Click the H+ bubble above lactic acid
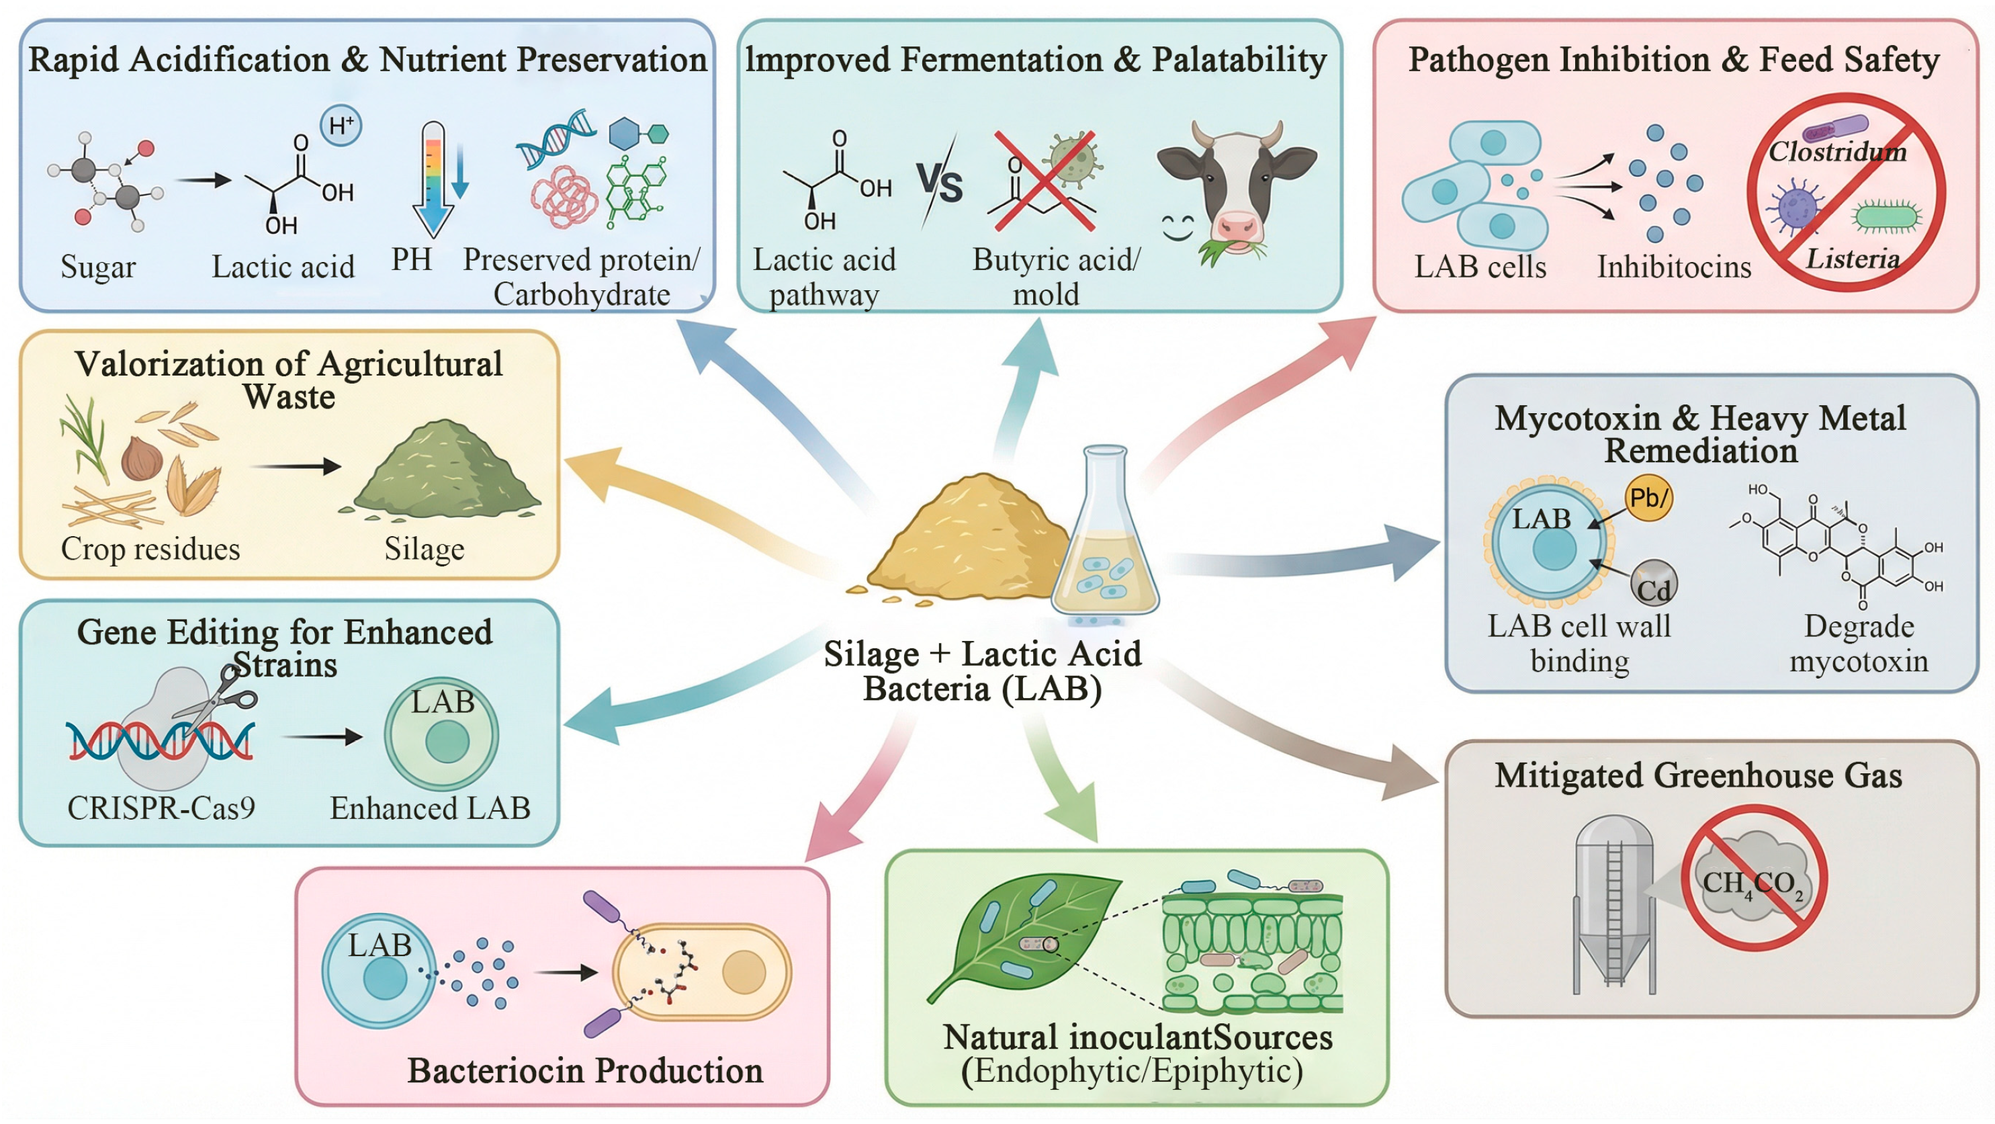click(341, 126)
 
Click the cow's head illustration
click(1237, 186)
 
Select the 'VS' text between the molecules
click(940, 183)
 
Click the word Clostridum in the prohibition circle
click(1837, 151)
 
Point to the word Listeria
click(1853, 258)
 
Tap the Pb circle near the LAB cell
click(1648, 497)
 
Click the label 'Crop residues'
click(150, 548)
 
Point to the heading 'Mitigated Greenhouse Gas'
click(1697, 775)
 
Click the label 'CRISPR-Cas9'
click(161, 808)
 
